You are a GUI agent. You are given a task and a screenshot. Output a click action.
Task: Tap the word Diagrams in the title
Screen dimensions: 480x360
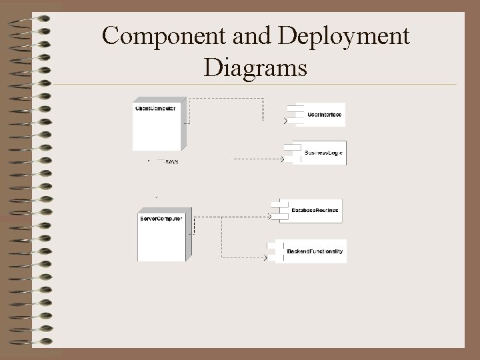tap(256, 67)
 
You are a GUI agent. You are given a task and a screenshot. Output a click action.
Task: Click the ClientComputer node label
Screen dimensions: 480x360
tap(155, 109)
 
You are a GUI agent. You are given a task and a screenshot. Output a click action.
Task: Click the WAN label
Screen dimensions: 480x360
tap(171, 161)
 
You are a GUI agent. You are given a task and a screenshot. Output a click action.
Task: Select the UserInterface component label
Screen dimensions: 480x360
tap(325, 115)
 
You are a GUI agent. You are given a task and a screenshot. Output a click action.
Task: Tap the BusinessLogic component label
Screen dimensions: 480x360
tap(323, 153)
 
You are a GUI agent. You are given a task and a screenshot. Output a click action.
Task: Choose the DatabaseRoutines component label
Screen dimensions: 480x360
tap(315, 211)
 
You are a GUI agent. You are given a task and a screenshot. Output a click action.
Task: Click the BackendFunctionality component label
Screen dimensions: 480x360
tap(315, 251)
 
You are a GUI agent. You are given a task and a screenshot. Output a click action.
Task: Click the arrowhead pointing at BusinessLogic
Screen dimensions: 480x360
tap(283, 159)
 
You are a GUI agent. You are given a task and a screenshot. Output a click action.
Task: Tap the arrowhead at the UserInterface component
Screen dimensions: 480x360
tap(286, 121)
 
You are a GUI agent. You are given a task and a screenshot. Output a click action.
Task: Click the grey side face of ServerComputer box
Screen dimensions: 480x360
tap(188, 237)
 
